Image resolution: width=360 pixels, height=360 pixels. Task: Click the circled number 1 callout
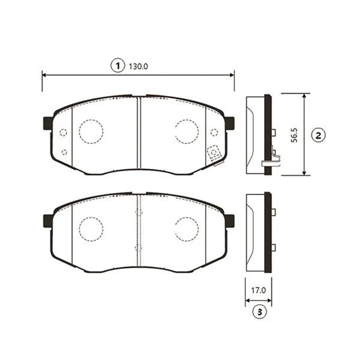[x=118, y=65]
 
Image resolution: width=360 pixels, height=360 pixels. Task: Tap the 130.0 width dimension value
[x=138, y=67]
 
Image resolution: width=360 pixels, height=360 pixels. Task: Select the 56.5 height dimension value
[x=294, y=135]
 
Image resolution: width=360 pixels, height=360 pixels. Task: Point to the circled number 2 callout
[x=318, y=136]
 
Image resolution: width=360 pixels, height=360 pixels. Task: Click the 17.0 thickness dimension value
[x=258, y=290]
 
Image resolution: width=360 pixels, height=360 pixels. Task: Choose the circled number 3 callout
[x=260, y=312]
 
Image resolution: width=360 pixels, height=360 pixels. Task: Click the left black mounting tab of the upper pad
[x=48, y=123]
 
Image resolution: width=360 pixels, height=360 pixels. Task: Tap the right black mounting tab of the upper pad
[x=230, y=123]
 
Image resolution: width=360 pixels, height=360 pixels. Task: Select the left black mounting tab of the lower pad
[x=48, y=221]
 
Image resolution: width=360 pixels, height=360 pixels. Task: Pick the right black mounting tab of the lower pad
[x=230, y=221]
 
